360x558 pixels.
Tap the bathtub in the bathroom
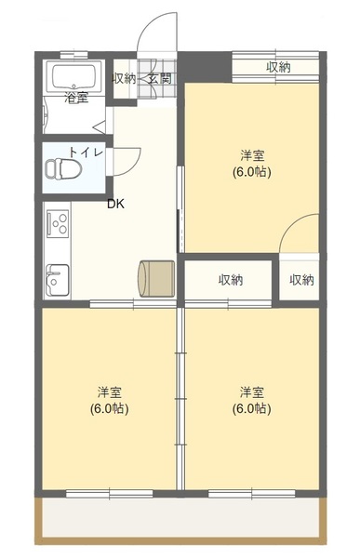[x=76, y=75]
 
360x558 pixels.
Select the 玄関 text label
[x=160, y=78]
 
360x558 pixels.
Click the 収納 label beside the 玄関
[x=124, y=78]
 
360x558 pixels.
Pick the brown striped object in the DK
[x=155, y=277]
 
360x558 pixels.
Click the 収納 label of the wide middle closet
[x=231, y=279]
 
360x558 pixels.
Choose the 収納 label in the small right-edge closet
[x=301, y=279]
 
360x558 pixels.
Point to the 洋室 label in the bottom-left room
[x=109, y=392]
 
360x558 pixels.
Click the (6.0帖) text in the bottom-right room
[x=252, y=408]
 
